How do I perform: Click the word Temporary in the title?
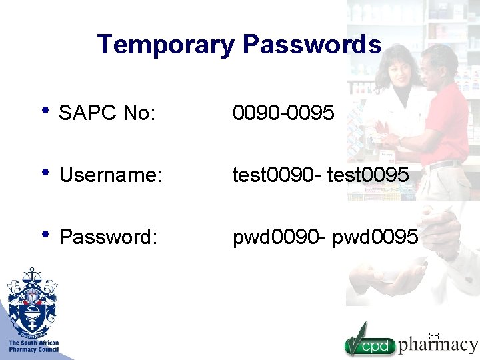pos(166,45)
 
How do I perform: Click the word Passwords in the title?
pos(312,45)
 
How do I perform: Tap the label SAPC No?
pos(107,114)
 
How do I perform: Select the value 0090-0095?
pos(283,113)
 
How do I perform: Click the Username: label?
pos(110,176)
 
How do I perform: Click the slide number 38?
pos(434,335)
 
